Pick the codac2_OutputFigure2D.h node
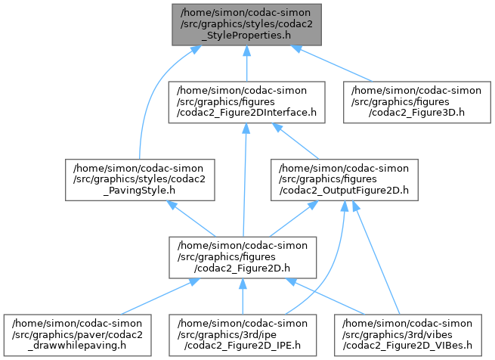point(344,178)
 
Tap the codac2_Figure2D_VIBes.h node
point(412,331)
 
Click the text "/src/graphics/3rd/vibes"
point(412,331)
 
